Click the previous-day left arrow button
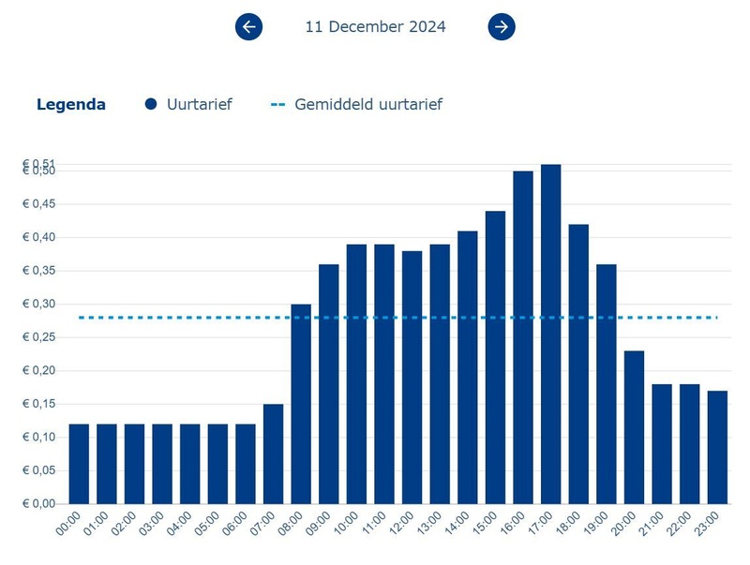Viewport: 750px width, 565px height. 248,26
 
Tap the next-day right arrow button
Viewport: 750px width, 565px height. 502,26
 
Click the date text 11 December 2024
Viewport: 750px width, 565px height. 375,26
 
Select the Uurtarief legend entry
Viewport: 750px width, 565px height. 188,104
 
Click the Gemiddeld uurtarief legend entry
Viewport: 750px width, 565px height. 357,104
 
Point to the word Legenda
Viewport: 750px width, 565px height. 71,104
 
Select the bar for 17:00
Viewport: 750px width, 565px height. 550,334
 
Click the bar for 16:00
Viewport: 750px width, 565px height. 523,337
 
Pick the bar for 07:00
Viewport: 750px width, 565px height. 273,453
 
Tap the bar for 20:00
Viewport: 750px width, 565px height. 634,426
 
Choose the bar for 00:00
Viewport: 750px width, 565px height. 79,464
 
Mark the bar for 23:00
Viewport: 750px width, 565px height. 717,447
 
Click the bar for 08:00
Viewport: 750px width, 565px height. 301,404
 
